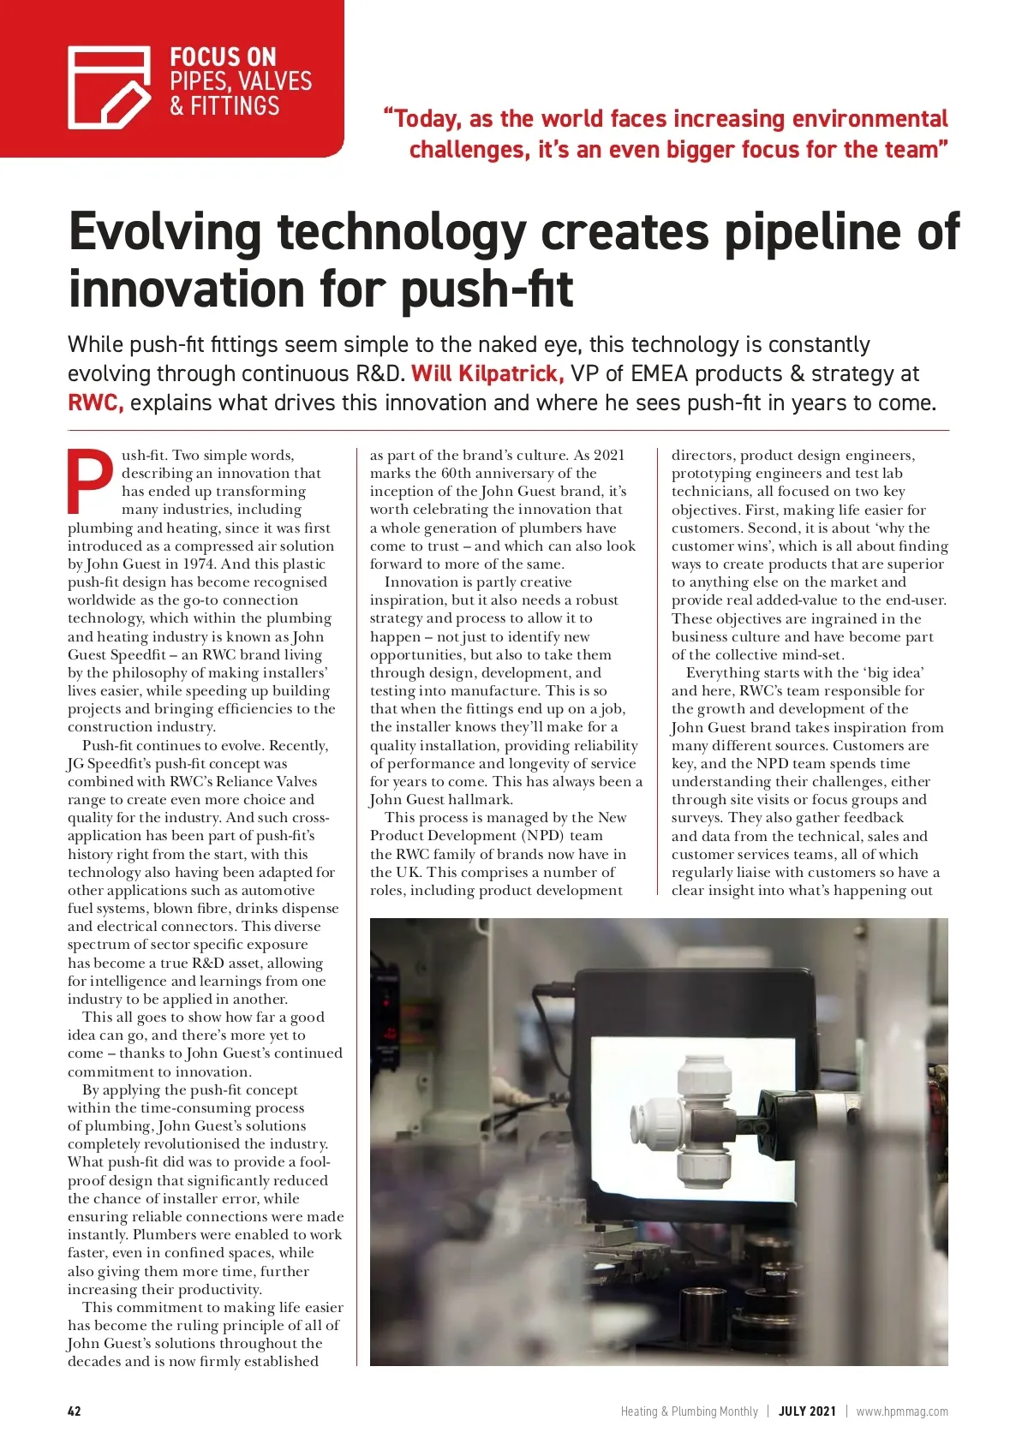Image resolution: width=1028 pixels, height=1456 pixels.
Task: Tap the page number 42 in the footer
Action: [75, 1411]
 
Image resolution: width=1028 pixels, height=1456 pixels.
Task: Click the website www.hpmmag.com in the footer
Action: [902, 1411]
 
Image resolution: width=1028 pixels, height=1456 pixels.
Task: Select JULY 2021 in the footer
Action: [806, 1411]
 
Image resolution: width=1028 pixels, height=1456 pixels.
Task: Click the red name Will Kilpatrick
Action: [487, 374]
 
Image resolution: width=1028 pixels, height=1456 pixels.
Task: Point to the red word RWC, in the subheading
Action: [95, 403]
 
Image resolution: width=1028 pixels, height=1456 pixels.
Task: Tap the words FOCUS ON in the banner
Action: [223, 57]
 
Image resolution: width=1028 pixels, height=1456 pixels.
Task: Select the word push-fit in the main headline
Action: [486, 289]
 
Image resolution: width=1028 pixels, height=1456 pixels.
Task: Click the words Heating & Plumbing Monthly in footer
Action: [689, 1411]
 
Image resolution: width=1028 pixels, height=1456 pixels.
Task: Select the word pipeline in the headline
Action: [816, 233]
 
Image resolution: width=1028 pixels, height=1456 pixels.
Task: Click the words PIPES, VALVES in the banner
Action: [241, 81]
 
